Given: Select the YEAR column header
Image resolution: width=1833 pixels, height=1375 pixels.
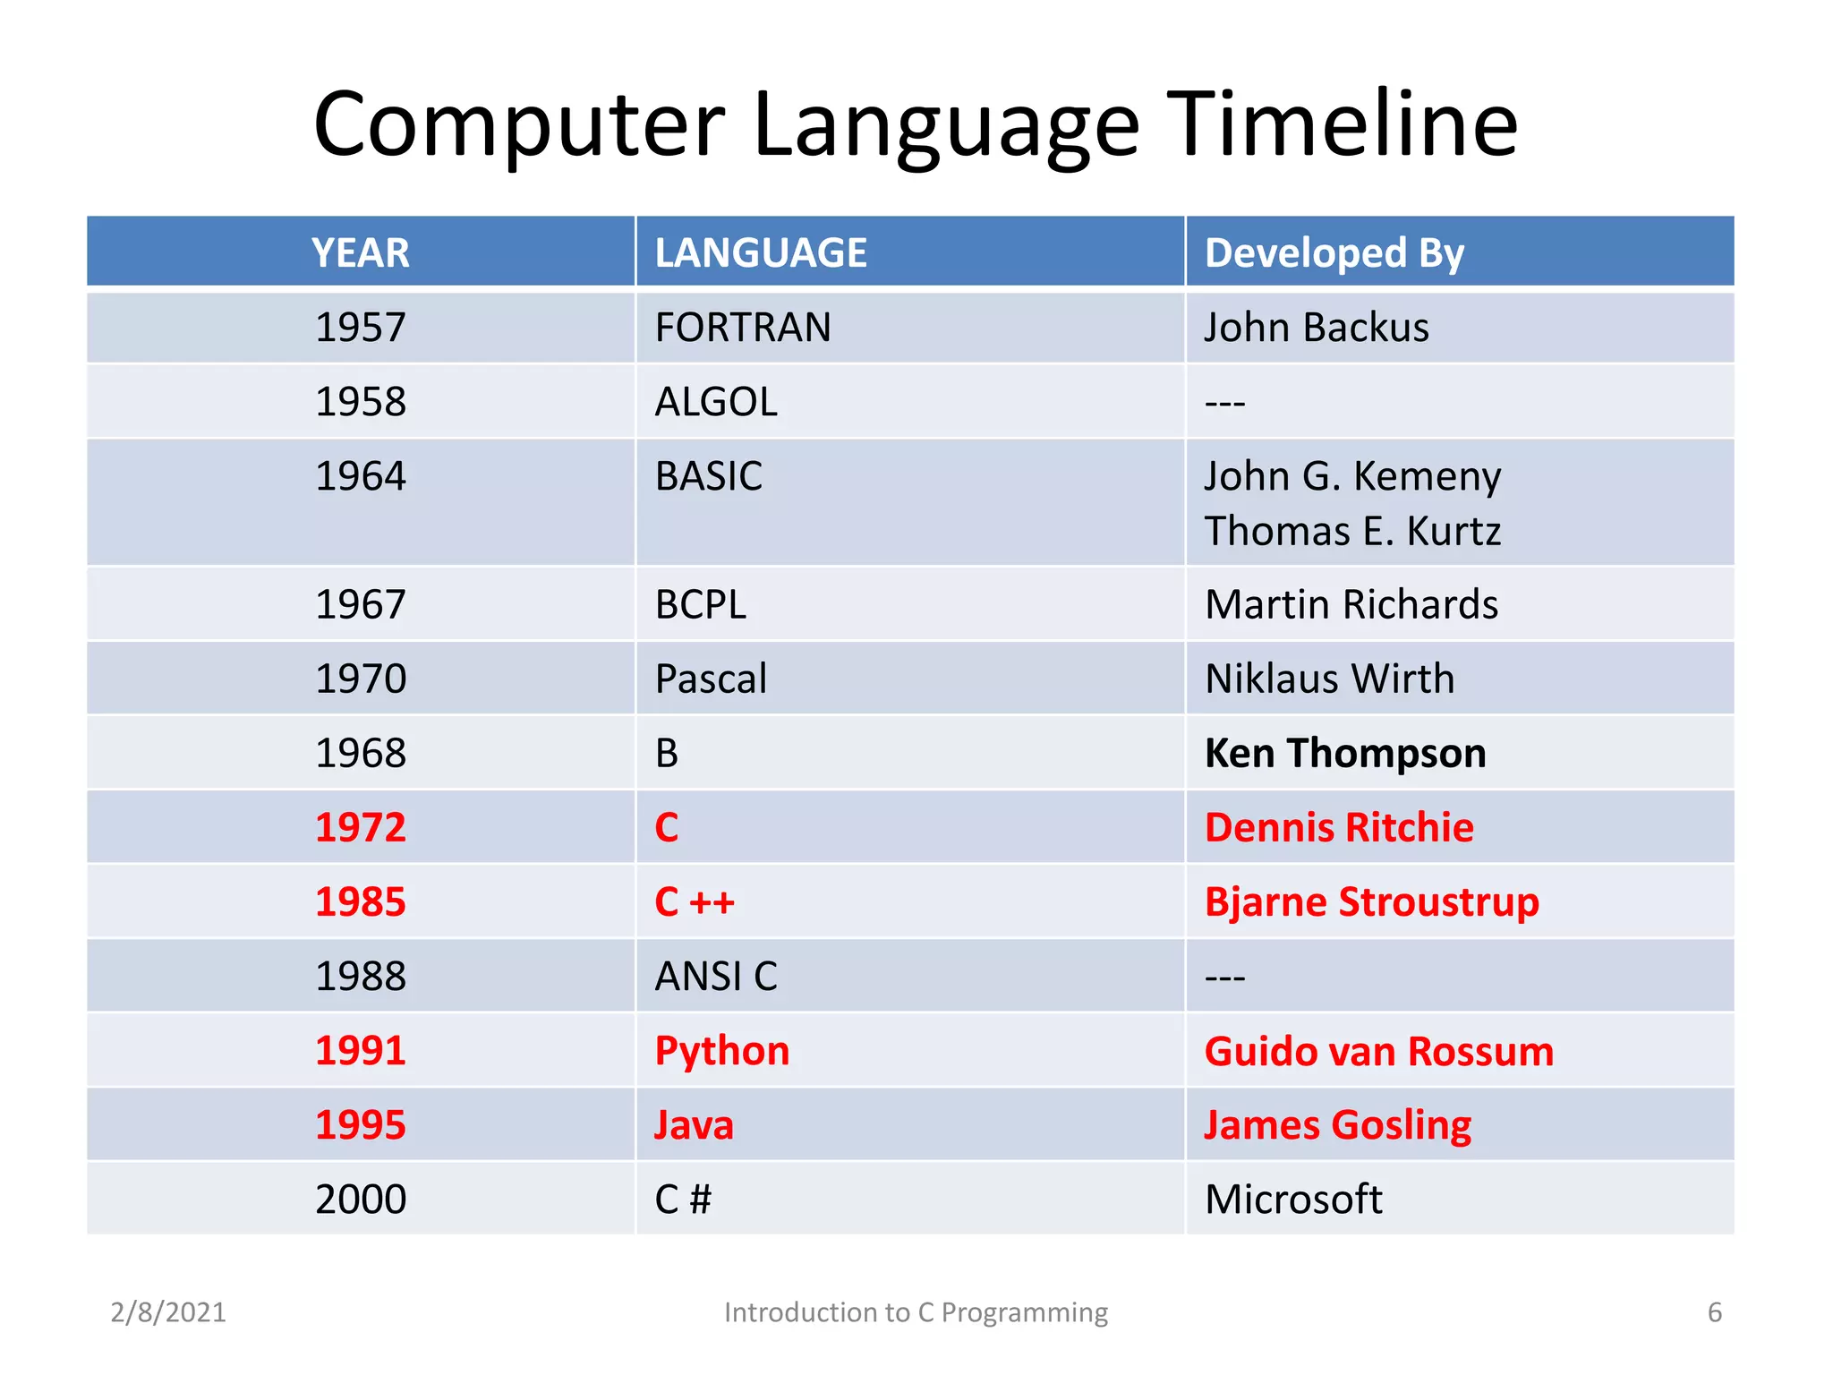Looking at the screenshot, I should point(360,252).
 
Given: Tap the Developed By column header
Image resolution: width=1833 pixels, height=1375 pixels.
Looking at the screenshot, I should point(1334,252).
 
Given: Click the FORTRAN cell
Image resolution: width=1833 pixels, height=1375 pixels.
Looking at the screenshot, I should point(743,328).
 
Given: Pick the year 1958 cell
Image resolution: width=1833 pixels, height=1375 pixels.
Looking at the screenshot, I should point(360,402).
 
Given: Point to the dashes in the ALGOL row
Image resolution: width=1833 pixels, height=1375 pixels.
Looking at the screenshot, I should point(1224,404).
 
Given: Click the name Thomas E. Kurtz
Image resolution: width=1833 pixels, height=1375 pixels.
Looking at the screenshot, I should point(1351,532).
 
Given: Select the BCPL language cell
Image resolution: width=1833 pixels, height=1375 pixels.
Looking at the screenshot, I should point(700,605).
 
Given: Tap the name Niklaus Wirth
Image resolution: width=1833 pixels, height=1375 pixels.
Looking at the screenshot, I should point(1329,679).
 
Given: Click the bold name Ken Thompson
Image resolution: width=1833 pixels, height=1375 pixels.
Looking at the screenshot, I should point(1344,754).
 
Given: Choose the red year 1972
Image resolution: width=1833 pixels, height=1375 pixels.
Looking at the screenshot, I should point(360,828).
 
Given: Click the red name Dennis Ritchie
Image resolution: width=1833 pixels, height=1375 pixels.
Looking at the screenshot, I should point(1338,828).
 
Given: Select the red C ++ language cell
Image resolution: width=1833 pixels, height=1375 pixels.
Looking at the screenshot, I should point(695,902).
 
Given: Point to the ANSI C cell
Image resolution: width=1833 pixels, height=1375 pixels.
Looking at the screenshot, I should point(716,977).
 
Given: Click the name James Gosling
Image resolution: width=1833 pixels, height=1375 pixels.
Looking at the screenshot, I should point(1337,1125).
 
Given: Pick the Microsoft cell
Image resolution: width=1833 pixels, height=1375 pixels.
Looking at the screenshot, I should point(1293,1200).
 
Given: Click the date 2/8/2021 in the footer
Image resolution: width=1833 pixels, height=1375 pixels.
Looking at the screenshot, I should point(168,1312).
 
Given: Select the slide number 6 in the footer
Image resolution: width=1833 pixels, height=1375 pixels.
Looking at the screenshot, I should point(1714,1312).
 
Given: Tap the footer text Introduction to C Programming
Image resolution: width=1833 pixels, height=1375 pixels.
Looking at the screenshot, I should point(916,1312).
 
